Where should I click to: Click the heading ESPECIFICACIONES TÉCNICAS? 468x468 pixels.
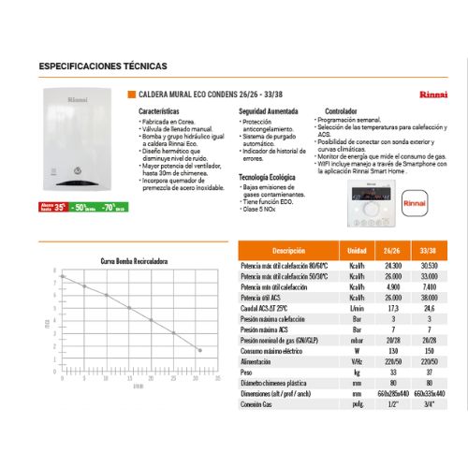[103, 66]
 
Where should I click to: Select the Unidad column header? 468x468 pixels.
[356, 253]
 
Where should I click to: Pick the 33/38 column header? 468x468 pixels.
[431, 253]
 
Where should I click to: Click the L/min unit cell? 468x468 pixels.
[356, 310]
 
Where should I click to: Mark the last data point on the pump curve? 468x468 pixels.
[198, 348]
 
